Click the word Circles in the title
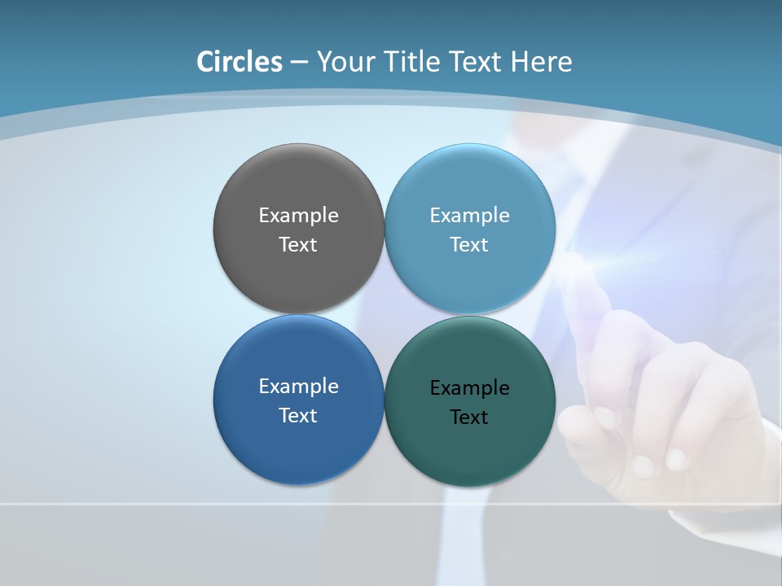pos(239,62)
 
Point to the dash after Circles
pos(298,63)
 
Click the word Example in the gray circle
pos(298,216)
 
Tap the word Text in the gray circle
pos(298,245)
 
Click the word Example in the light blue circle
pos(469,216)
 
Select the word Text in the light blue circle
pos(469,245)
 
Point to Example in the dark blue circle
pos(298,387)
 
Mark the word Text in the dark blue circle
pos(298,416)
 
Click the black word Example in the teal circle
pos(469,388)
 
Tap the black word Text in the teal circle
pos(469,418)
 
